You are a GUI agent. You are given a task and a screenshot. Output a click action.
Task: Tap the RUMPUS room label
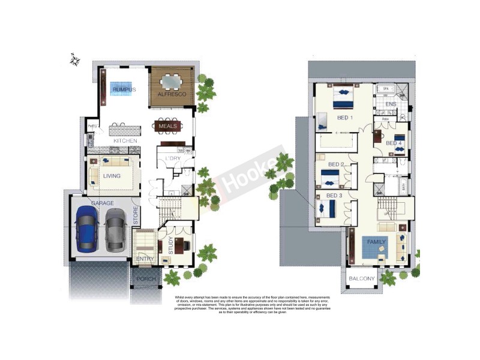[x=124, y=89]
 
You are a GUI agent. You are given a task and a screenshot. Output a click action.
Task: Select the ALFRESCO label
[x=172, y=95]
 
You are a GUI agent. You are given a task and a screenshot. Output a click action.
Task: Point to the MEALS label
[x=168, y=127]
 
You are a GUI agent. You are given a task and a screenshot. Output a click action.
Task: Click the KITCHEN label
[x=125, y=141]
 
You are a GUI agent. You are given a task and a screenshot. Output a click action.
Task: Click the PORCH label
[x=146, y=279]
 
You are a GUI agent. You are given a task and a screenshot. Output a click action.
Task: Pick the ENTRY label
[x=145, y=259]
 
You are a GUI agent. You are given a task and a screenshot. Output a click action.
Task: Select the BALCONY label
[x=362, y=278]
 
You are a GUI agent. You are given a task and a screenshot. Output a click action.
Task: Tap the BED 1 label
[x=344, y=118]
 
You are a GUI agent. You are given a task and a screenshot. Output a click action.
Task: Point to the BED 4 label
[x=394, y=143]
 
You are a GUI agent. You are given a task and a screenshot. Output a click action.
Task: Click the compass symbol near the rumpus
[x=75, y=59]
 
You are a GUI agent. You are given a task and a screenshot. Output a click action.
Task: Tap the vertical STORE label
[x=136, y=217]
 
